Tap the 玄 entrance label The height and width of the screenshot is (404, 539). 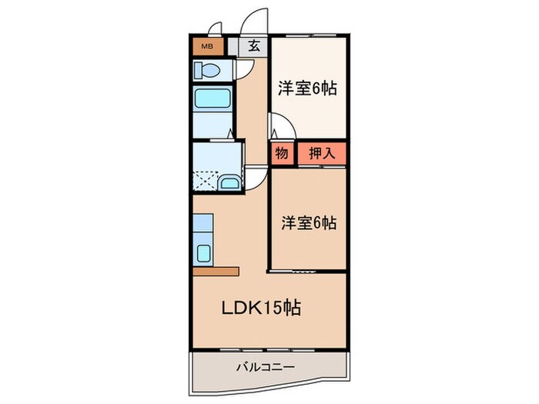coord(253,45)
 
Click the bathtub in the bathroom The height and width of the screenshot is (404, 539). coord(213,98)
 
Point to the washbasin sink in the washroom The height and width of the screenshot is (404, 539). coord(229,183)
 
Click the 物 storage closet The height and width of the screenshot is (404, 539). coord(281,153)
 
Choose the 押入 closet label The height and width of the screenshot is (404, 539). coord(322,153)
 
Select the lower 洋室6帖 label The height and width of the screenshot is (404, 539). coord(309,223)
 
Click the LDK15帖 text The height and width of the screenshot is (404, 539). coord(262,309)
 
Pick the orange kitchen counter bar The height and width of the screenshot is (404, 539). coord(216,271)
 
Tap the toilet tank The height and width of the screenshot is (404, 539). coord(198,71)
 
